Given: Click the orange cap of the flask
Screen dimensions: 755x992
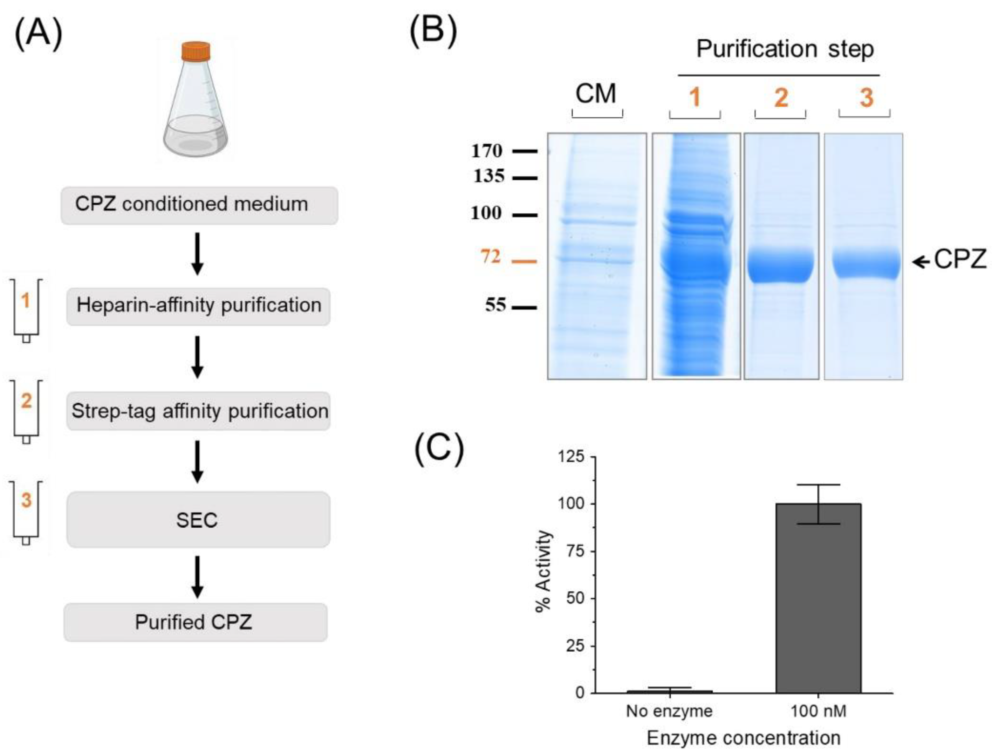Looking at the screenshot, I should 196,51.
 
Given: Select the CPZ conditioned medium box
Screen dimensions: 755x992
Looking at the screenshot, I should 199,205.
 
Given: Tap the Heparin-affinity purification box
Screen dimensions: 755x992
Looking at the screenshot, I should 198,306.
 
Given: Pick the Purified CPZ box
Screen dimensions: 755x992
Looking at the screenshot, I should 195,622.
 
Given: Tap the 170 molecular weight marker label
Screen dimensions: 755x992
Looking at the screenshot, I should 487,151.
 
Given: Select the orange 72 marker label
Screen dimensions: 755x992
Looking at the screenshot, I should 490,256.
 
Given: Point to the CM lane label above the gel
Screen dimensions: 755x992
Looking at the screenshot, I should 596,94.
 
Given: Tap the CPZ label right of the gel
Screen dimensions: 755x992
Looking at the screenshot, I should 960,260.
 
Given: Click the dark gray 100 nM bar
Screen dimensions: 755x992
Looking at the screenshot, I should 818,598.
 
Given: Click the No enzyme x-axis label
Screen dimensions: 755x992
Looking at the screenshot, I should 669,712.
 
